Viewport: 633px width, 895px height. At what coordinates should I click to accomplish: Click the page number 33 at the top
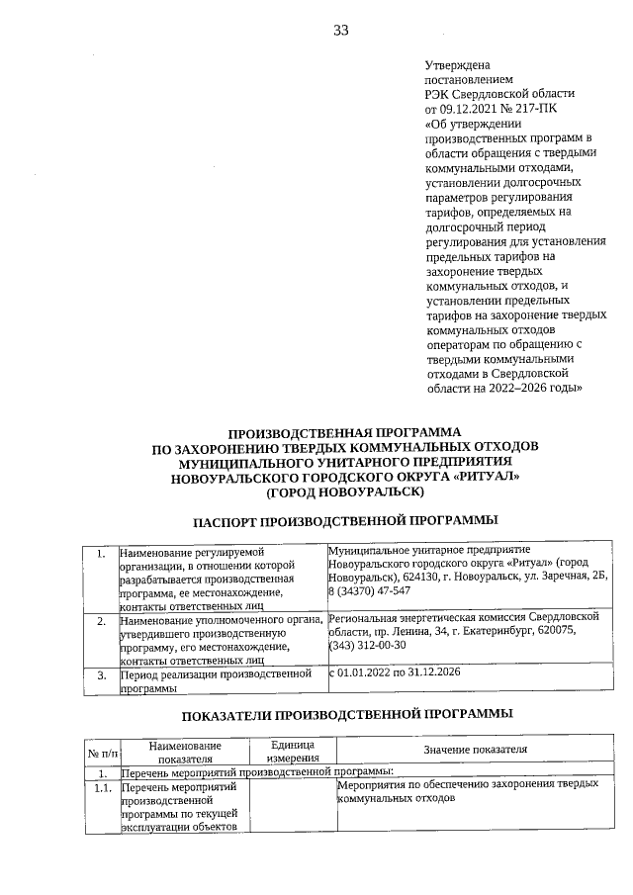(340, 31)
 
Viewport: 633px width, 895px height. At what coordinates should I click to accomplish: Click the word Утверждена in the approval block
(457, 65)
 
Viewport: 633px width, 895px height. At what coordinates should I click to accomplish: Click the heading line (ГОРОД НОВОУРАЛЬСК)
(345, 492)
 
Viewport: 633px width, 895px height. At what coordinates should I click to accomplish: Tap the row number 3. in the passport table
(102, 674)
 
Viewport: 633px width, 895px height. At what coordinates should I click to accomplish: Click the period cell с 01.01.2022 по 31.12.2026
(395, 672)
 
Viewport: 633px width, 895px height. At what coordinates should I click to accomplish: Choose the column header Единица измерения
(293, 751)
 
